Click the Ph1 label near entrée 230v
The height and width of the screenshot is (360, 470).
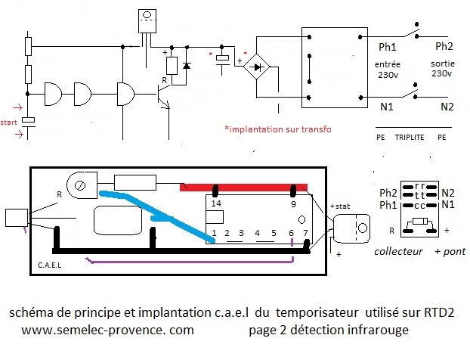coord(388,47)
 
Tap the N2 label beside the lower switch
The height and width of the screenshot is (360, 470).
coord(447,107)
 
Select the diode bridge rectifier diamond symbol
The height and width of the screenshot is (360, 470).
coord(256,67)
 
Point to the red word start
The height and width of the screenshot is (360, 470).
coord(9,123)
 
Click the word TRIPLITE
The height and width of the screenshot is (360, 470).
coord(410,138)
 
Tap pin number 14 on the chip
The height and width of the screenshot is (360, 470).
coord(216,203)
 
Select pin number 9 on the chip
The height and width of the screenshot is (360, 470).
coord(293,204)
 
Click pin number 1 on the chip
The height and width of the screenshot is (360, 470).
coord(214,233)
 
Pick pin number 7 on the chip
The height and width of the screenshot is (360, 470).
coord(305,233)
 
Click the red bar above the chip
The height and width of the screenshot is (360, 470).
coord(243,188)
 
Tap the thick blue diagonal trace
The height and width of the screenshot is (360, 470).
coord(156,215)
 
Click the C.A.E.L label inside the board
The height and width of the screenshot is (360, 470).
coord(49,265)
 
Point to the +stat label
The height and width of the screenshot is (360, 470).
coord(340,206)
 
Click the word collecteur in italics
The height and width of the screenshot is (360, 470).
coord(398,251)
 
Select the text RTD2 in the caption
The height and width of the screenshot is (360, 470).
coord(439,312)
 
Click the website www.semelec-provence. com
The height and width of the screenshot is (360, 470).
coord(107,330)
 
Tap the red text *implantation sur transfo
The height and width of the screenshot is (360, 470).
coord(278,129)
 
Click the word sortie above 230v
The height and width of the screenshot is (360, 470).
coord(443,64)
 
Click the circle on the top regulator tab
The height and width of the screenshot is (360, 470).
coord(147,14)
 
